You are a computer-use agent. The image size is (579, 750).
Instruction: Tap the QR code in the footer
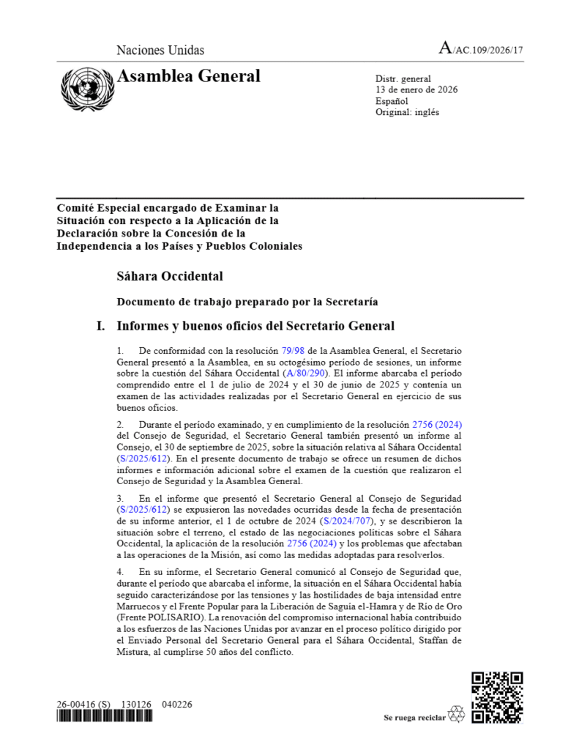point(496,697)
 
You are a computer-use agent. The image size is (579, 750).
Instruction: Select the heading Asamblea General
point(188,76)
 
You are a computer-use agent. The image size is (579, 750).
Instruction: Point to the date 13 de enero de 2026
point(416,90)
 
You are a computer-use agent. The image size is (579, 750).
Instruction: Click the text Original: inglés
point(407,112)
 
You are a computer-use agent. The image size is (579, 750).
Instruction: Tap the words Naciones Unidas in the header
point(160,51)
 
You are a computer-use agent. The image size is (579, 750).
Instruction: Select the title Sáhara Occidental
point(169,276)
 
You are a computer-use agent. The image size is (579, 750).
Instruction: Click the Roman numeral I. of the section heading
point(101,326)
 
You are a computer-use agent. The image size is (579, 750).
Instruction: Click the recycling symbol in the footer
point(457,714)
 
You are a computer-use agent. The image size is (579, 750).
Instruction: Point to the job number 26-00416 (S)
point(83,704)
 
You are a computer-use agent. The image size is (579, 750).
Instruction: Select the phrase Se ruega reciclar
point(414,718)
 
